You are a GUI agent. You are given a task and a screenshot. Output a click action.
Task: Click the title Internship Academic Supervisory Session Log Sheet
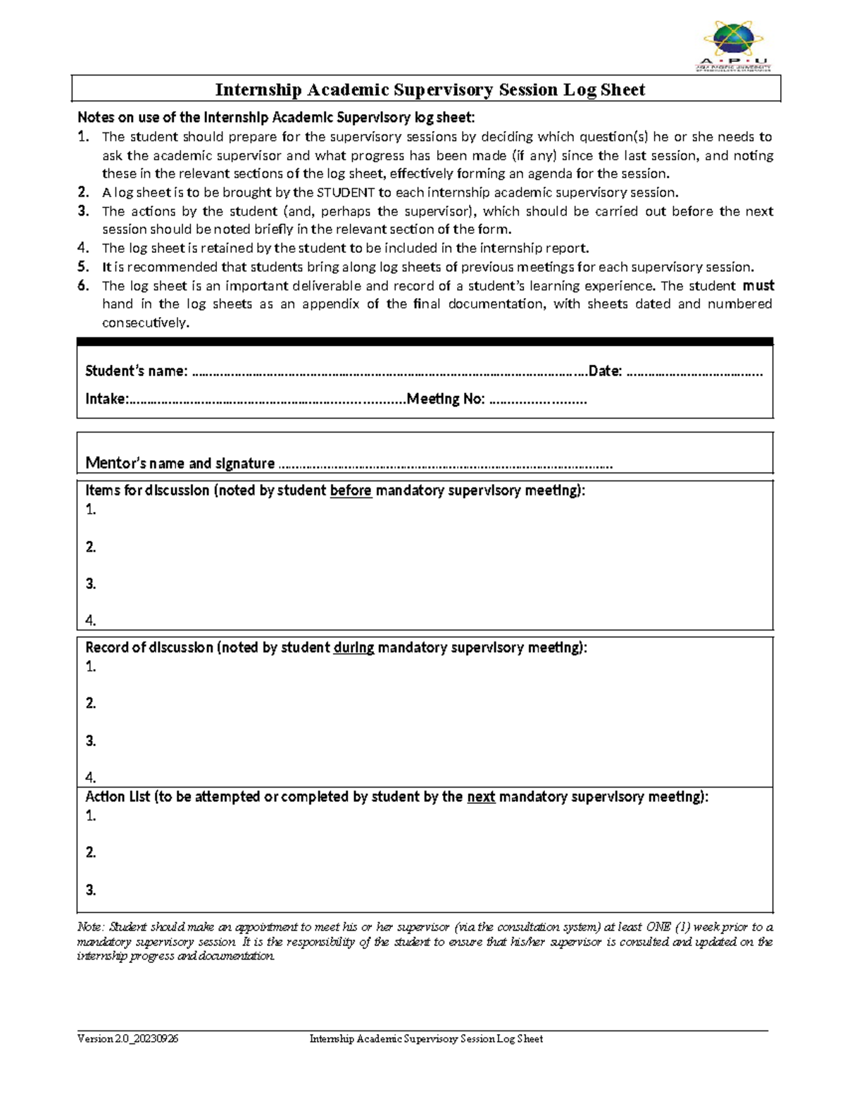[x=430, y=89]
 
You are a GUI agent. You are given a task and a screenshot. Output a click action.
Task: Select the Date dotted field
[x=694, y=372]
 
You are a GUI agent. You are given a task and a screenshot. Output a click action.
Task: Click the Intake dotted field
[x=268, y=399]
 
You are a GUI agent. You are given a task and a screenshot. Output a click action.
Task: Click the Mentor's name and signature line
[x=445, y=464]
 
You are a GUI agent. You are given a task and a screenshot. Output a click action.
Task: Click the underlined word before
[x=350, y=490]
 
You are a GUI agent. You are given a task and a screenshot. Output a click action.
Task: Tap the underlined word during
[x=353, y=647]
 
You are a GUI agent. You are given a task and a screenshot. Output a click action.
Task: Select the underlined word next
[x=481, y=797]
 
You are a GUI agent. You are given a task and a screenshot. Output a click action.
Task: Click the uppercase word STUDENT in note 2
[x=345, y=192]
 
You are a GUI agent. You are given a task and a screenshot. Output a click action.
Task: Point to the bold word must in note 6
[x=758, y=285]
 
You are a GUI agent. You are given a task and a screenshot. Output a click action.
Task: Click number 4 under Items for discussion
[x=90, y=621]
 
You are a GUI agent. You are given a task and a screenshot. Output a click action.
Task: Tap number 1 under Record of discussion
[x=90, y=666]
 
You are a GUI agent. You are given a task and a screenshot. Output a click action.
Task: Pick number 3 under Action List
[x=90, y=890]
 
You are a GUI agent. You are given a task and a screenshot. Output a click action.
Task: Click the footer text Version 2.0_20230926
[x=127, y=1038]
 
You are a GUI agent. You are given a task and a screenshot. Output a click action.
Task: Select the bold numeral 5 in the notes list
[x=83, y=266]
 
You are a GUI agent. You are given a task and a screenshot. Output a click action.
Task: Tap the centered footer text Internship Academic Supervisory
[x=426, y=1038]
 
